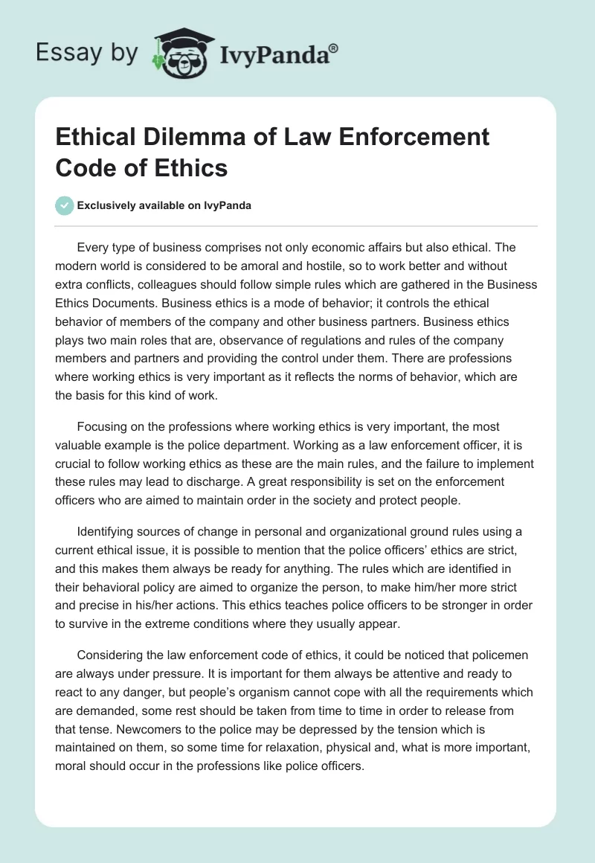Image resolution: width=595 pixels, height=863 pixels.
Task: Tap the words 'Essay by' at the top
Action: point(87,53)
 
